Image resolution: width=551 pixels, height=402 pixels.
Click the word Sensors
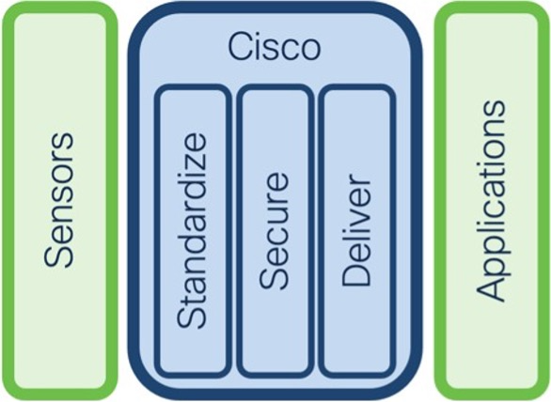pyautogui.click(x=59, y=200)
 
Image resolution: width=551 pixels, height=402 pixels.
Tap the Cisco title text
pyautogui.click(x=275, y=47)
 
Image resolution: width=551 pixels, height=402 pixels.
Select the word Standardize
pyautogui.click(x=191, y=230)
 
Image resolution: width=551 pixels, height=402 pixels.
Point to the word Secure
pyautogui.click(x=274, y=231)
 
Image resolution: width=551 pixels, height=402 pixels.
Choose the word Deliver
pyautogui.click(x=356, y=231)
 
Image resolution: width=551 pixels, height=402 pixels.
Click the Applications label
pyautogui.click(x=491, y=201)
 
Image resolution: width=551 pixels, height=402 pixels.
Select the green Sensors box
pyautogui.click(x=60, y=201)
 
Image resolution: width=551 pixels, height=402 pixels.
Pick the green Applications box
pyautogui.click(x=492, y=201)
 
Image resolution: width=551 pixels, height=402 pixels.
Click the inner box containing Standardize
pyautogui.click(x=192, y=231)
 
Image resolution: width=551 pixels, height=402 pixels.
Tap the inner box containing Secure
pyautogui.click(x=275, y=231)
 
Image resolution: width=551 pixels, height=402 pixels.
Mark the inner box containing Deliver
pyautogui.click(x=356, y=231)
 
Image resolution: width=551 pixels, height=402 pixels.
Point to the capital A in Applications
pyautogui.click(x=491, y=288)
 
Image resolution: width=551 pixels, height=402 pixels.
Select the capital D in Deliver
pyautogui.click(x=356, y=274)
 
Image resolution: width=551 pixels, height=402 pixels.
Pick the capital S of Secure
pyautogui.click(x=274, y=277)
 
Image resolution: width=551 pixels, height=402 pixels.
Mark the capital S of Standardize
pyautogui.click(x=191, y=316)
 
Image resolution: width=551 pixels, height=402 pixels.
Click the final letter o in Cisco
pyautogui.click(x=310, y=51)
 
